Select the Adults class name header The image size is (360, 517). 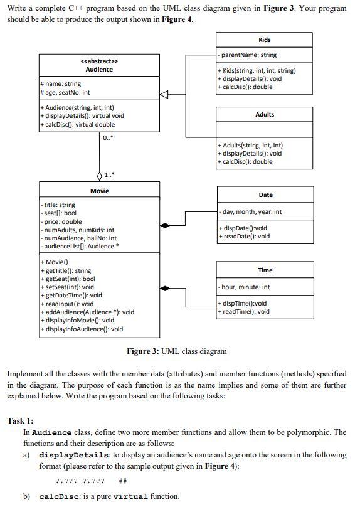(264, 115)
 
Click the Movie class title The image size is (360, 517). (99, 191)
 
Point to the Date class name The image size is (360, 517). (265, 195)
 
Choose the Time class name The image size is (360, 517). (265, 270)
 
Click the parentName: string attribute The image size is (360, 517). (248, 55)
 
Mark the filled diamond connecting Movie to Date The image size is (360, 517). (165, 225)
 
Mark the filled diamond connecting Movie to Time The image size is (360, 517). (165, 289)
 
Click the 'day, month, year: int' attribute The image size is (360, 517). (251, 212)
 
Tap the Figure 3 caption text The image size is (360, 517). (177, 351)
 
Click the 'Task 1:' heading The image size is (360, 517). (21, 420)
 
